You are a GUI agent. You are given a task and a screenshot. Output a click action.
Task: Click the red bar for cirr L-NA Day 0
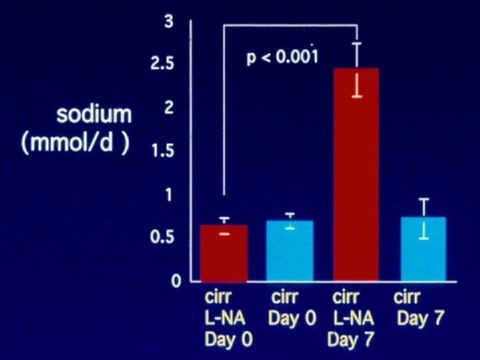coord(224,253)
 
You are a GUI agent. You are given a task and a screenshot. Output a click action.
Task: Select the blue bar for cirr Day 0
coord(290,251)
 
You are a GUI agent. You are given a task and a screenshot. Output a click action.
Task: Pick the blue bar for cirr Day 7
coord(423,249)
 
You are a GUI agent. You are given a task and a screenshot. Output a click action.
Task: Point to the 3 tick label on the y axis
coord(169,23)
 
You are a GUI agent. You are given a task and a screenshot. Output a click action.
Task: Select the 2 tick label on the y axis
coord(169,108)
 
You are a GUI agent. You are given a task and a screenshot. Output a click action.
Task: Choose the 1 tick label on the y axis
coord(169,195)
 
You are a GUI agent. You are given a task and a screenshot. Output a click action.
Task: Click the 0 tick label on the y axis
coord(176,281)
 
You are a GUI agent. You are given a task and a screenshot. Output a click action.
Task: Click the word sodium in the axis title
coord(94,115)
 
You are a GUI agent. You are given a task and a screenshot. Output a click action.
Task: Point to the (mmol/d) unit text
coord(75,144)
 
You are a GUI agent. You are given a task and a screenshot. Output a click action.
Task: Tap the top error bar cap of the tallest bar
coord(357,43)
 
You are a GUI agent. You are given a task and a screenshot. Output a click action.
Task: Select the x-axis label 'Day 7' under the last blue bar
coord(420,318)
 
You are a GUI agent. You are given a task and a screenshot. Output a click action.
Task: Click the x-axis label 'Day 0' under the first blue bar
coord(292,318)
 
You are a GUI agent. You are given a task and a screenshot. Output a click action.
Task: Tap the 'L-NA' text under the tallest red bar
coord(353,318)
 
